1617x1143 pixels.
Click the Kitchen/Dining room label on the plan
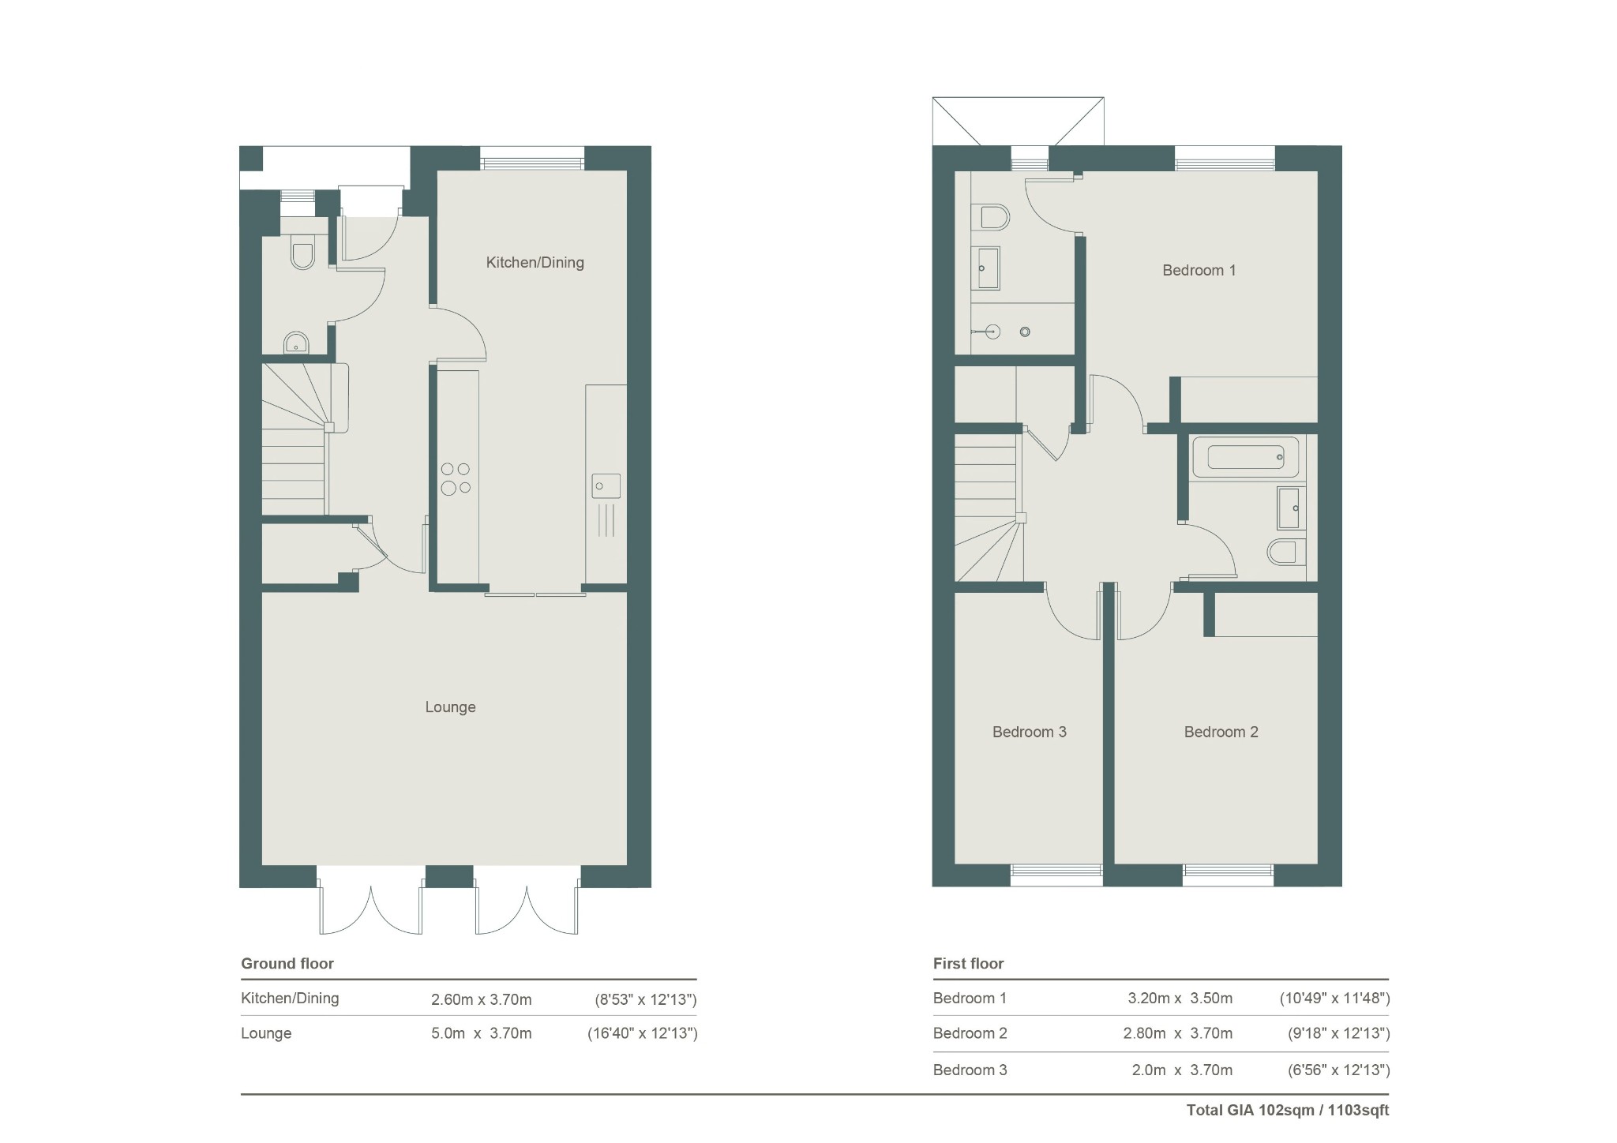pos(535,263)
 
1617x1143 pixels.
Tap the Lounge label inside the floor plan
pos(450,707)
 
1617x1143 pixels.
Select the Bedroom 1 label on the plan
pos(1199,271)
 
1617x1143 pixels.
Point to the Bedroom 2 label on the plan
pos(1221,733)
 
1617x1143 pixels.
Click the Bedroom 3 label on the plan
pos(1029,733)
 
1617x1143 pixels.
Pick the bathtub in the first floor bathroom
pos(1245,457)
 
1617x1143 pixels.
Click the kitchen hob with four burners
pos(456,478)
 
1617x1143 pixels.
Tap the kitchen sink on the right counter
pos(606,485)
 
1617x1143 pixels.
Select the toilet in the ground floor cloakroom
pos(302,252)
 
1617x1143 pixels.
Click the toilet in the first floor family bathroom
pos(1286,551)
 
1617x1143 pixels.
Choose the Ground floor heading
pos(287,964)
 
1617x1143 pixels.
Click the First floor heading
pos(968,964)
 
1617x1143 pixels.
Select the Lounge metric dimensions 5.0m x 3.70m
pos(482,1034)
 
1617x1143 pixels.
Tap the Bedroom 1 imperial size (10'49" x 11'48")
pos(1334,999)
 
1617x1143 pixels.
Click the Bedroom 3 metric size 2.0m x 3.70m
pos(1182,1071)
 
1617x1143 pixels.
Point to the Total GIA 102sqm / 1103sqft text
pos(1288,1111)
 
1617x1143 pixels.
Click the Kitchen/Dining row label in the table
pos(290,999)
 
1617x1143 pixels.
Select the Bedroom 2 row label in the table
pos(970,1034)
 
